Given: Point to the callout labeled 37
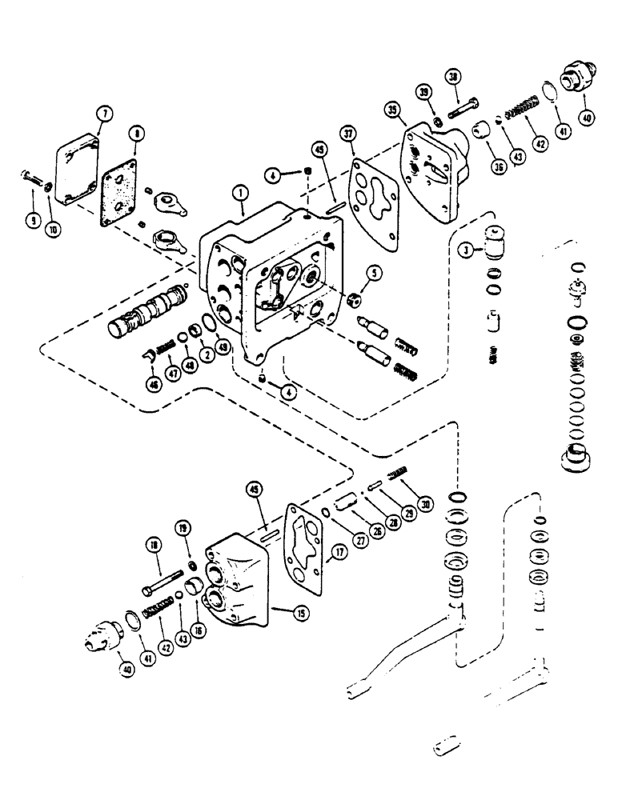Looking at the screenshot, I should tap(347, 132).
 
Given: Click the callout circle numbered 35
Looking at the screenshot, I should tap(393, 110).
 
